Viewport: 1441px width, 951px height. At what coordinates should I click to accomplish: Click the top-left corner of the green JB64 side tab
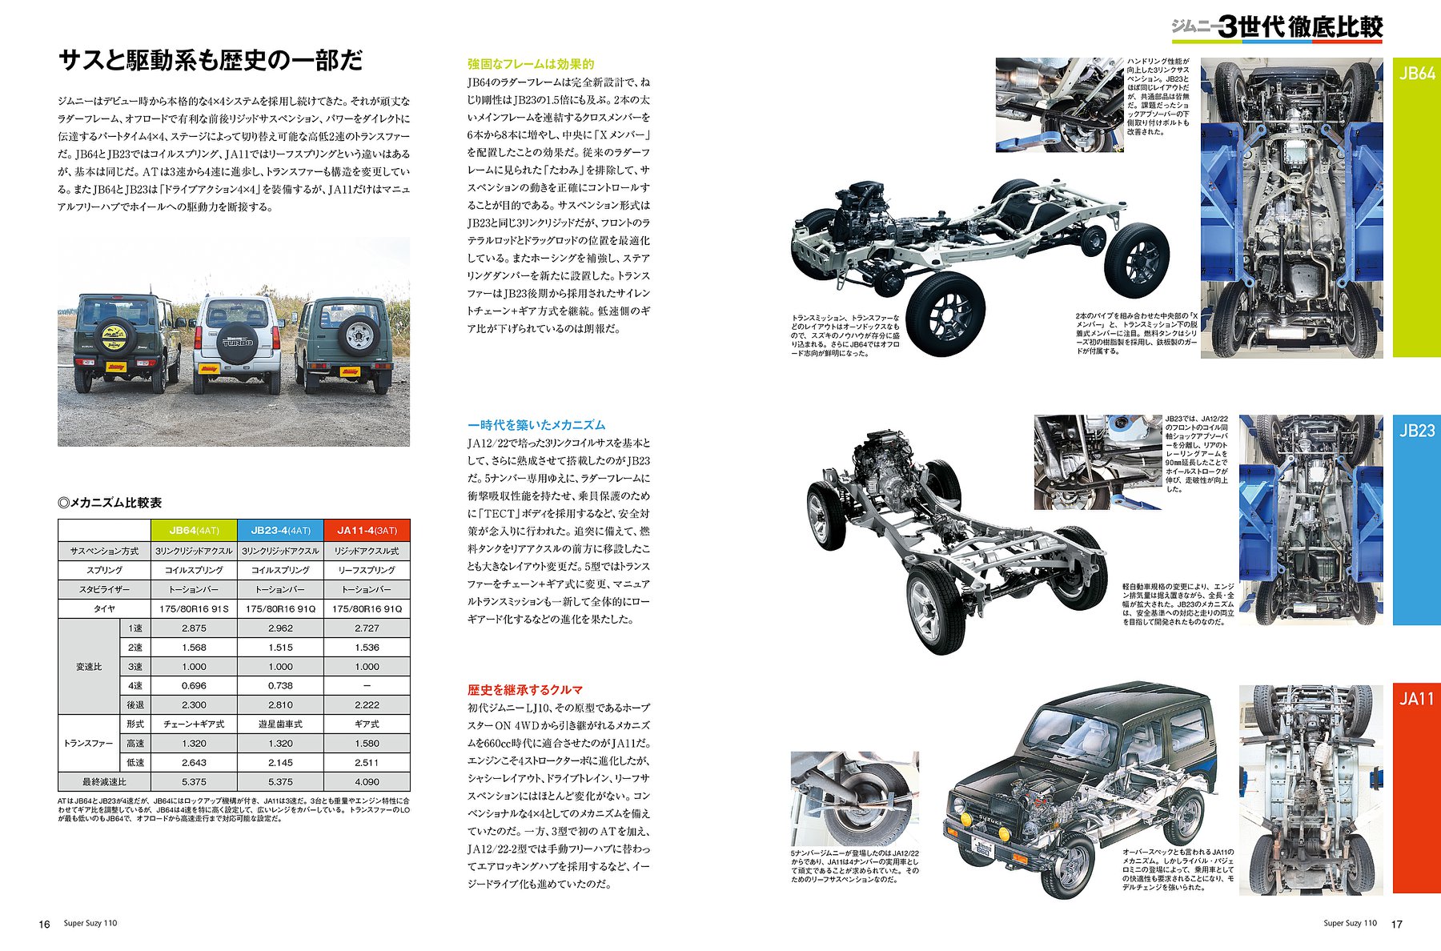(1393, 58)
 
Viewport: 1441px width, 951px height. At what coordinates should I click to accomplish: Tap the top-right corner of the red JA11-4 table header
(410, 520)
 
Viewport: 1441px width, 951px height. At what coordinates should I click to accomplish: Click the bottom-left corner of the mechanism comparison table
(58, 792)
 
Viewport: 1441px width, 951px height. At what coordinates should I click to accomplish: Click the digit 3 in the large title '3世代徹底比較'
(1227, 27)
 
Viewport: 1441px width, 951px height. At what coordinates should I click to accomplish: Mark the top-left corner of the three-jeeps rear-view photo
(58, 237)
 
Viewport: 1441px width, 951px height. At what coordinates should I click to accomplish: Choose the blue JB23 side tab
(1417, 520)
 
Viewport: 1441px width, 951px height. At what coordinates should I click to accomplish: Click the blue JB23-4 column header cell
(281, 530)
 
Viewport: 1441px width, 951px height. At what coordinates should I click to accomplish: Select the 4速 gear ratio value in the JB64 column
(194, 685)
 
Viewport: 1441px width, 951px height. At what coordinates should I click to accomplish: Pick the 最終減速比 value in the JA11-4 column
(367, 782)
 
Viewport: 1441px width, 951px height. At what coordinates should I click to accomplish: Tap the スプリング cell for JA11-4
(367, 570)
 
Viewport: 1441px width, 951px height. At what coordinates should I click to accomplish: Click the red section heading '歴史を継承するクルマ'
(525, 689)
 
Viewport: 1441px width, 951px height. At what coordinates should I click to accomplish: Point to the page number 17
(1397, 924)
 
